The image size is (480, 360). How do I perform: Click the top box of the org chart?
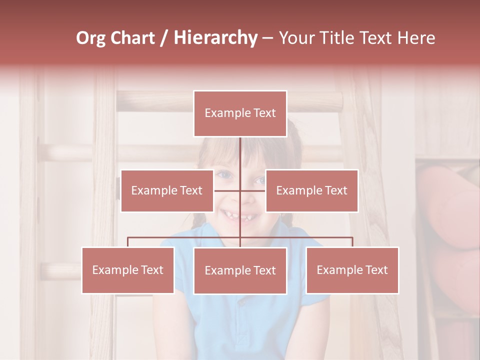(x=240, y=113)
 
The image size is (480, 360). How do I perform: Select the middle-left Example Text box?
(x=167, y=190)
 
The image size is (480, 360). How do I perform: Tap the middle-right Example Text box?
(x=311, y=190)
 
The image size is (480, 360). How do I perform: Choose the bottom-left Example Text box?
(x=128, y=270)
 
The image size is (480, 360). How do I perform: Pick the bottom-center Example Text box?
(x=240, y=270)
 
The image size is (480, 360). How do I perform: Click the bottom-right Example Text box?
(x=352, y=270)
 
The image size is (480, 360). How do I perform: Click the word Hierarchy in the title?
(x=215, y=38)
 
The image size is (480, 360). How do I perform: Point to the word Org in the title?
(x=90, y=38)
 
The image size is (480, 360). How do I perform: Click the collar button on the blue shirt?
(x=242, y=302)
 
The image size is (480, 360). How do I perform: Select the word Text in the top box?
(x=264, y=113)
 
